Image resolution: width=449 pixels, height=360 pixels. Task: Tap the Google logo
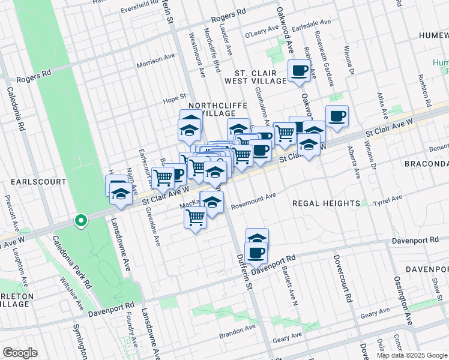tap(20, 353)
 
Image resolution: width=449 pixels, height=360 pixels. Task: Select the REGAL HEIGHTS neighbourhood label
tap(326, 203)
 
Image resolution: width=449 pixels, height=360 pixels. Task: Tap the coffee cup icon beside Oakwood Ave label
tap(299, 71)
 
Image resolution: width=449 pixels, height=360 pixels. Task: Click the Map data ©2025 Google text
tap(412, 355)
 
